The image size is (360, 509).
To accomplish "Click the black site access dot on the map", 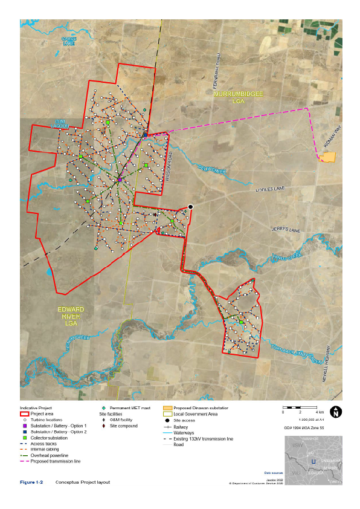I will coord(190,207).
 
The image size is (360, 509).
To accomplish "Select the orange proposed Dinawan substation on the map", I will coord(327,157).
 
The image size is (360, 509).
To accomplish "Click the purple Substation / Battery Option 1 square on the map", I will coord(120,180).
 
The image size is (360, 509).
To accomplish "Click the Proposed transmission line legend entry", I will coord(55,461).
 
